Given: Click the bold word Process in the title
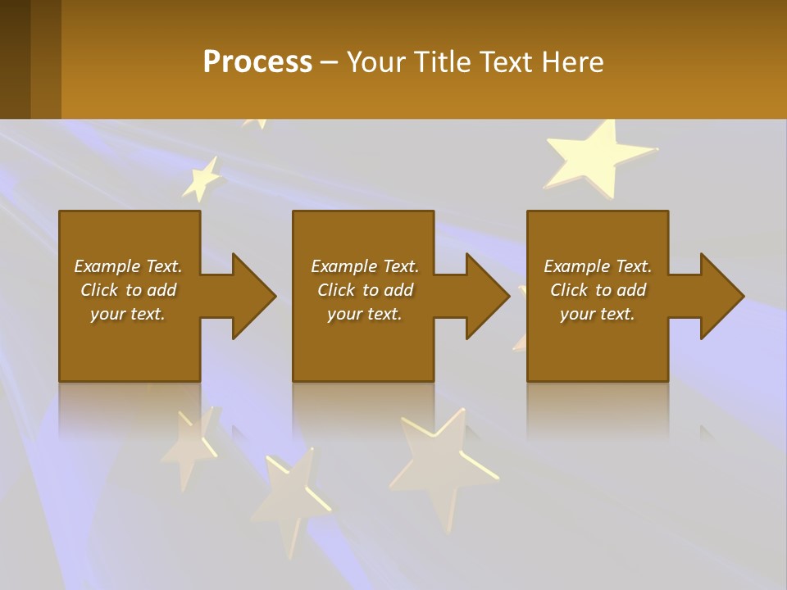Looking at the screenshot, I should point(257,61).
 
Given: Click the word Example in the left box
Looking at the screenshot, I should point(107,266).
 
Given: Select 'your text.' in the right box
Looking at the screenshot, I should point(598,314).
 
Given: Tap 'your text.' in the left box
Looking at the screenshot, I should point(128,314).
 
